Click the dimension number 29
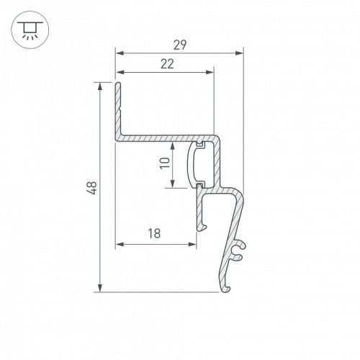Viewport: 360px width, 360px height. click(180, 45)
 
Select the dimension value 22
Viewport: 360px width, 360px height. click(167, 64)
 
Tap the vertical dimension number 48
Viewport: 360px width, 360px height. click(92, 188)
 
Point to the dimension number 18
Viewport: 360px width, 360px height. click(154, 233)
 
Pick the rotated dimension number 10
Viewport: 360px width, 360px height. click(165, 163)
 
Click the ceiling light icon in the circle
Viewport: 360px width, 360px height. click(30, 30)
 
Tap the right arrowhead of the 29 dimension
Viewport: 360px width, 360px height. click(239, 53)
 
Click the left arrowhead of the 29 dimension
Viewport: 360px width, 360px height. click(120, 53)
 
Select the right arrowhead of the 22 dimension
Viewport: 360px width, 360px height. click(210, 72)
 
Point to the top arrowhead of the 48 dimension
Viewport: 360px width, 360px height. click(100, 86)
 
